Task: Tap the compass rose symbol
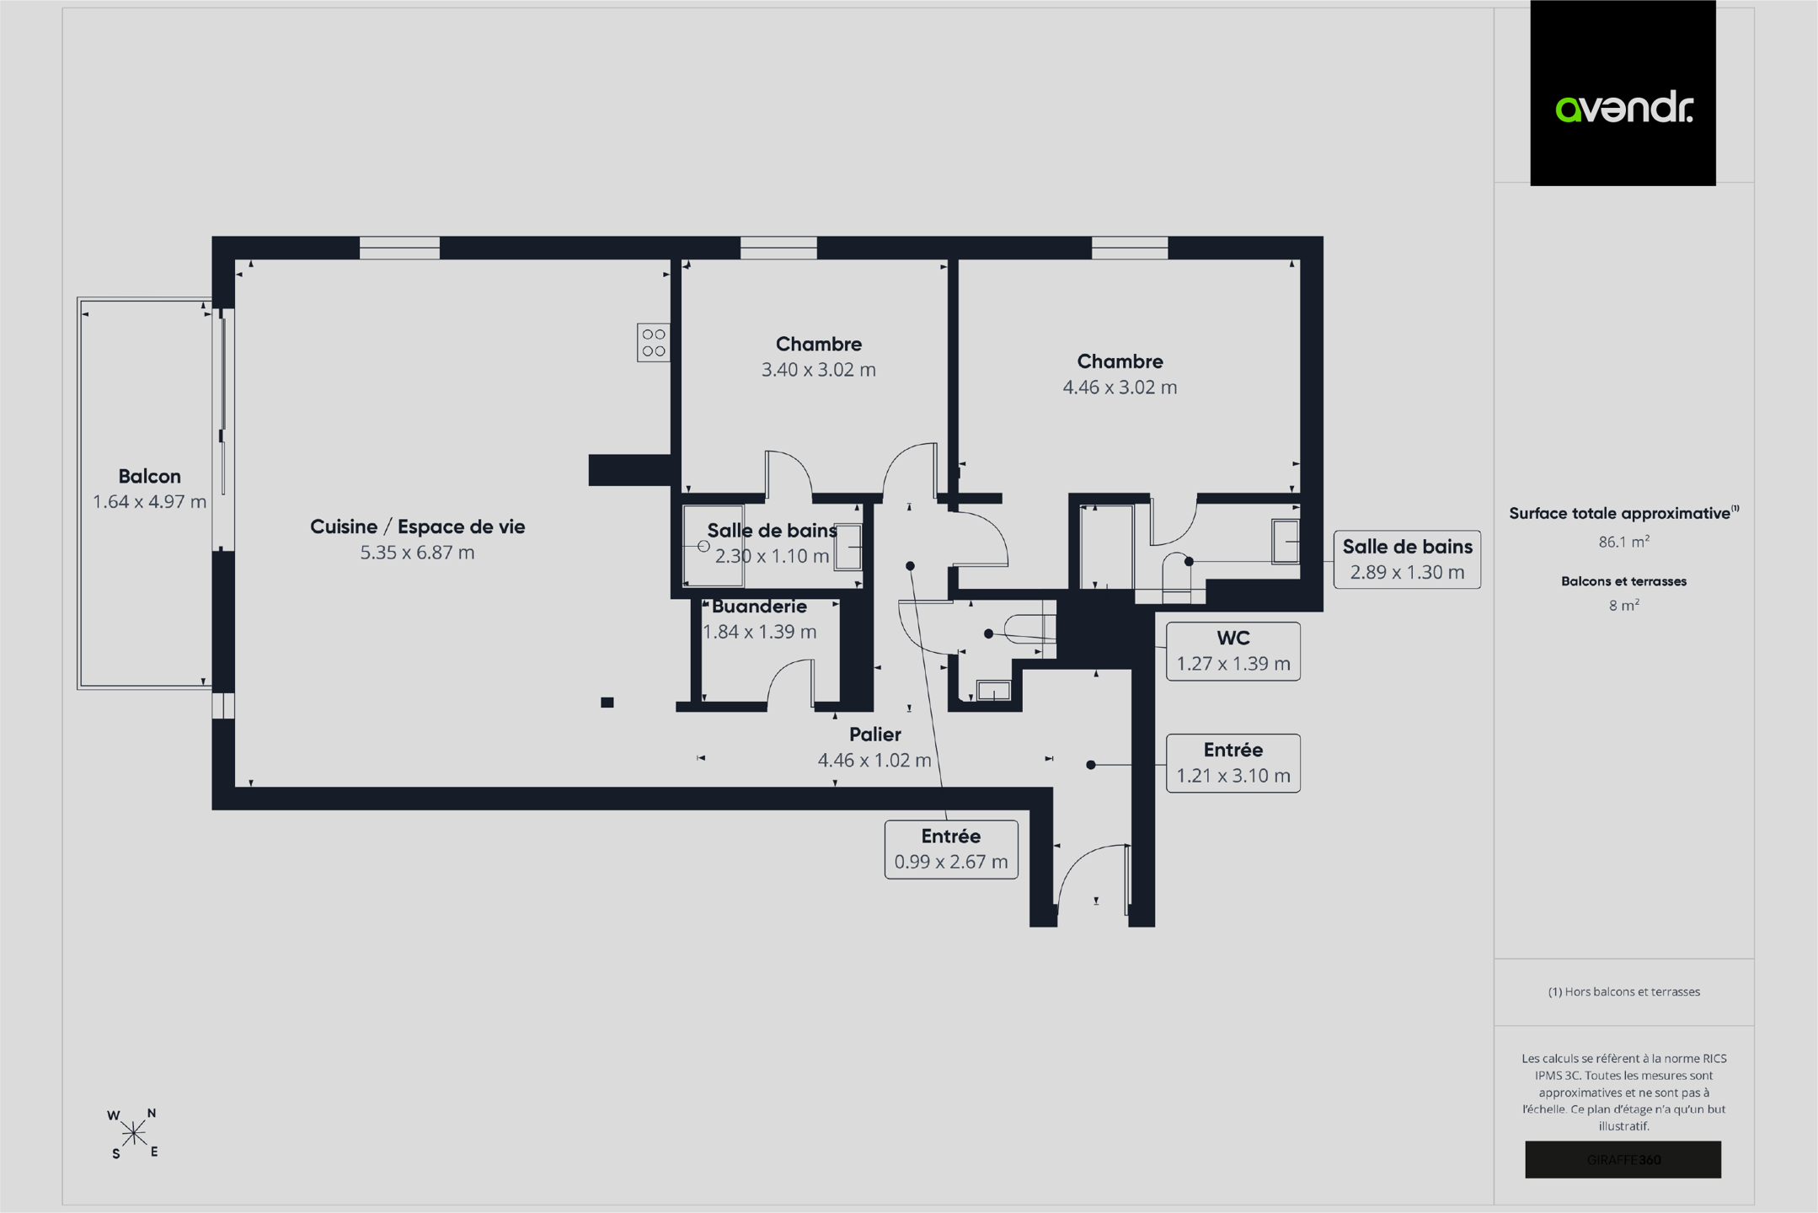click(x=133, y=1134)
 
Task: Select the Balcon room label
click(x=149, y=476)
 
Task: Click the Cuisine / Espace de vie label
click(x=417, y=527)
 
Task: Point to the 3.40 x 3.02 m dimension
click(x=818, y=370)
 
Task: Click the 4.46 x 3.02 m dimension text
click(x=1120, y=387)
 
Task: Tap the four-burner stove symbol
click(x=654, y=343)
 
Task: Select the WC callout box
click(x=1232, y=651)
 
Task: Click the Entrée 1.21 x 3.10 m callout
click(x=1232, y=763)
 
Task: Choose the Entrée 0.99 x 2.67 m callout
click(x=951, y=849)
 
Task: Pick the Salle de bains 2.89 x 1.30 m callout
click(x=1407, y=559)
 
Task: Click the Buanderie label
click(x=759, y=606)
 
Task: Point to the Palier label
click(x=874, y=735)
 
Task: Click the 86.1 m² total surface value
click(x=1623, y=542)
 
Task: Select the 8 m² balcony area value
click(x=1623, y=605)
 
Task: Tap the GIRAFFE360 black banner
click(x=1623, y=1160)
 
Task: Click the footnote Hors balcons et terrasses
click(x=1623, y=991)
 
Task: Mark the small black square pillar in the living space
click(x=607, y=703)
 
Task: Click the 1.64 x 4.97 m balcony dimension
click(x=149, y=502)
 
